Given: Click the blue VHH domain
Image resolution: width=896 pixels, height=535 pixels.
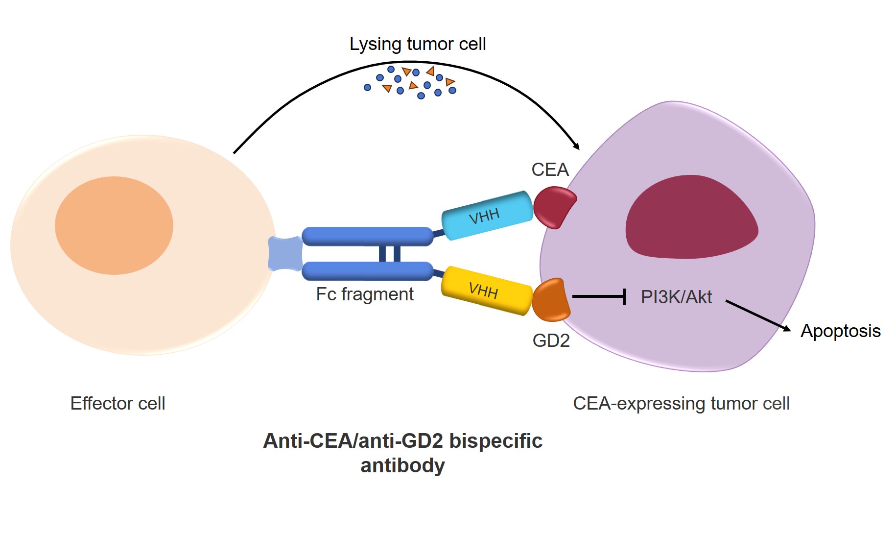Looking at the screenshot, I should pos(487,216).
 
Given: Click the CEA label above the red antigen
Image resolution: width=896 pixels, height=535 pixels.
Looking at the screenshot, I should pos(550,170).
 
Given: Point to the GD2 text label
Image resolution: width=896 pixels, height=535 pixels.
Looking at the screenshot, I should pos(551,340).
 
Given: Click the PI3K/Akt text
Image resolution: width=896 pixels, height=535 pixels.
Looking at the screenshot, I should pos(676,297).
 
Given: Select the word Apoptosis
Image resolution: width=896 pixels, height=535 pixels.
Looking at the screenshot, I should pos(840,331).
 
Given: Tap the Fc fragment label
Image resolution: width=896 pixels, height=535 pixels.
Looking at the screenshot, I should pos(365,294).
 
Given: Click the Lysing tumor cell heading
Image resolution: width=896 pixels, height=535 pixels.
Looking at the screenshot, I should pos(418,44).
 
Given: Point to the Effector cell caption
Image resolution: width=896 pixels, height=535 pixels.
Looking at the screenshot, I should pos(118,403).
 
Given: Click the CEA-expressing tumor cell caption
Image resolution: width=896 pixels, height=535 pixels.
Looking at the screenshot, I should pos(681,403).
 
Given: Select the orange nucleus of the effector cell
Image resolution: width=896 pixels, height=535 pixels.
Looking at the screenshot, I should pos(114,225).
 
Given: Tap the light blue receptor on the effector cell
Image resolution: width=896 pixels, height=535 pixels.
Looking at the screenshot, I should pos(285,253).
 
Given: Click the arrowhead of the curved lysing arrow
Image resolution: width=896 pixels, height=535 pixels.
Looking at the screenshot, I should pos(577,146).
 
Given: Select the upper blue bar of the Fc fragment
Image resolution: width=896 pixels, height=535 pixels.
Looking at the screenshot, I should pos(367,236).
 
